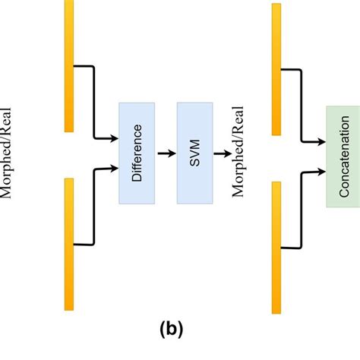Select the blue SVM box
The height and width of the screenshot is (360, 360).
coord(194,153)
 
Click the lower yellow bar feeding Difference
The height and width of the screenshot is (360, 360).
coord(69,243)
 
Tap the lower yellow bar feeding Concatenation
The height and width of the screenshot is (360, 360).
coord(276,247)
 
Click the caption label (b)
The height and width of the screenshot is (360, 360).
coord(172,330)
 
